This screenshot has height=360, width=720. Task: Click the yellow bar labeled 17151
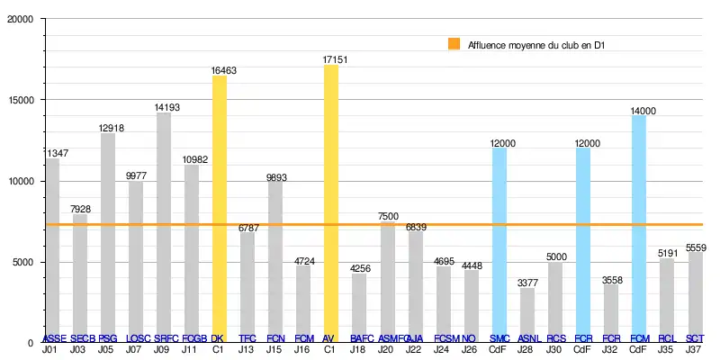[x=330, y=202]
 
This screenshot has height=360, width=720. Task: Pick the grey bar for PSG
[x=108, y=236]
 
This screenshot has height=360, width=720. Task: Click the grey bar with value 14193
[x=164, y=225]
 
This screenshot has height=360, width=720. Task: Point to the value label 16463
[x=220, y=67]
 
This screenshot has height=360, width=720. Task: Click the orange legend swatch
[x=454, y=43]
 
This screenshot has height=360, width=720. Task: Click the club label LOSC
[x=136, y=338]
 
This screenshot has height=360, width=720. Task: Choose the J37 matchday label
[x=695, y=349]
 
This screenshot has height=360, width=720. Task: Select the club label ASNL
[x=528, y=338]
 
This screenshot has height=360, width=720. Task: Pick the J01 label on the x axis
[x=52, y=349]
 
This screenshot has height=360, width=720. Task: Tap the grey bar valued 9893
[x=275, y=261]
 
